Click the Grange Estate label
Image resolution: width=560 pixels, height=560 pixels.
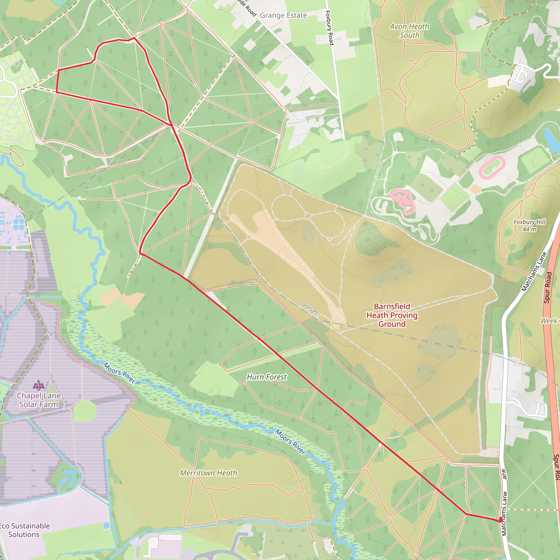[283, 15]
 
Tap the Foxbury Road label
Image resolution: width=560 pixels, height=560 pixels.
[329, 28]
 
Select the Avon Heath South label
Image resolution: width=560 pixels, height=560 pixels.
[409, 31]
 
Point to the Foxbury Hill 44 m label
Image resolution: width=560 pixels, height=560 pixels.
[529, 226]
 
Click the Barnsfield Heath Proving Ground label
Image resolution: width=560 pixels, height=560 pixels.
[392, 315]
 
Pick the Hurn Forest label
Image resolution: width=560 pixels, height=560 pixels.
[266, 377]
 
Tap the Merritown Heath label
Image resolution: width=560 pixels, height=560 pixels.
[208, 473]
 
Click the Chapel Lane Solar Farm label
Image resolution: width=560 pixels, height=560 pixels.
[39, 400]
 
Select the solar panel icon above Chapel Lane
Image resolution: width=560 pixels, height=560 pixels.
[39, 385]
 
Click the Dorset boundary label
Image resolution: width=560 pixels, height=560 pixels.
[310, 308]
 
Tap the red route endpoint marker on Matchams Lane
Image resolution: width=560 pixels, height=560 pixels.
[501, 520]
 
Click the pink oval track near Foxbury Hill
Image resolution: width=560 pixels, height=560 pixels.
[492, 167]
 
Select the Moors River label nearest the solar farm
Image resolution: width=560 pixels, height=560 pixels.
[119, 373]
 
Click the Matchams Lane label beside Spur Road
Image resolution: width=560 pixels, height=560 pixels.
[534, 272]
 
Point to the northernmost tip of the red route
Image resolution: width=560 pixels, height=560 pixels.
[134, 38]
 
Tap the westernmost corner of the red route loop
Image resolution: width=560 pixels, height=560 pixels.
[56, 92]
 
